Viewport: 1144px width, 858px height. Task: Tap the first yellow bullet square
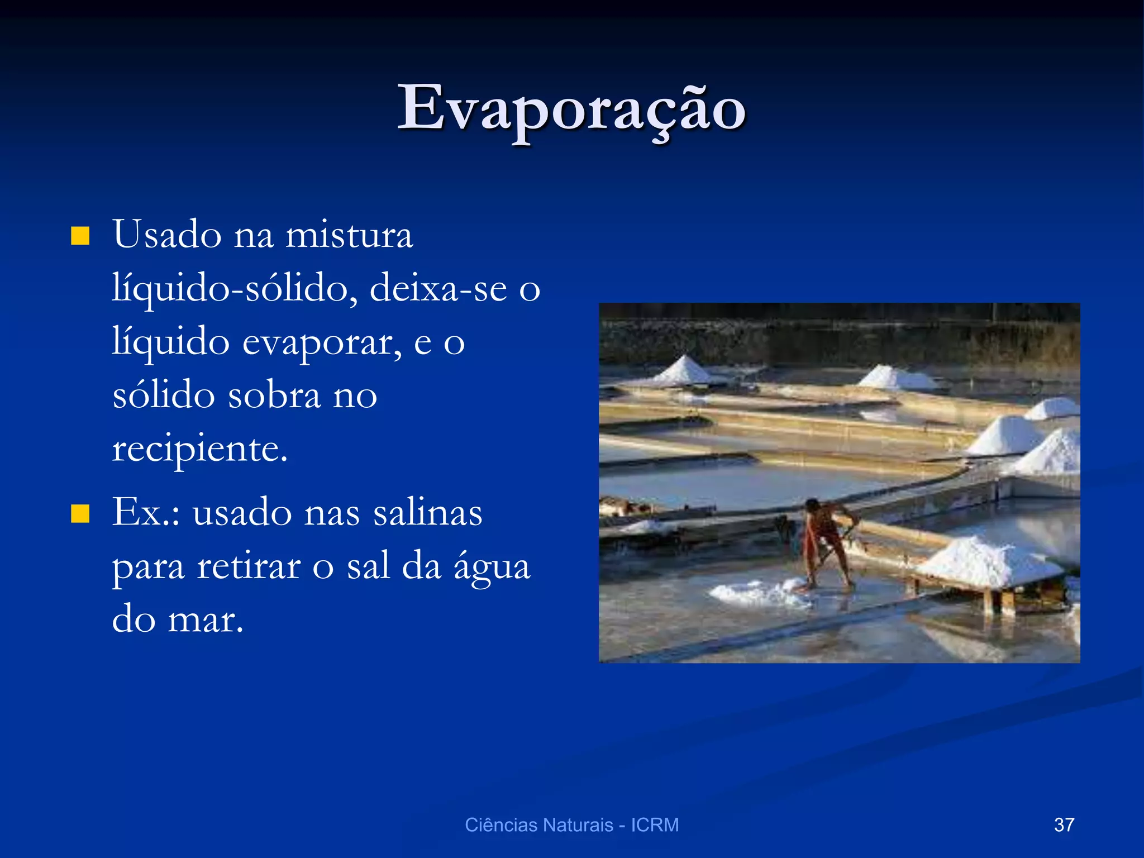pyautogui.click(x=80, y=236)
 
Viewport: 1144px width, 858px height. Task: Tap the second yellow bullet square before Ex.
pyautogui.click(x=80, y=513)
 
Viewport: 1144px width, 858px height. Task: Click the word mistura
pyautogui.click(x=349, y=235)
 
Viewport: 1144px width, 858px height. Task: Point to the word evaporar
pyautogui.click(x=321, y=342)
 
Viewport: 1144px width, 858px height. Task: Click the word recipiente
pyautogui.click(x=199, y=449)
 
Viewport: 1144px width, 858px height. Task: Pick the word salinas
pyautogui.click(x=427, y=512)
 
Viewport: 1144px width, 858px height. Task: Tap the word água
pyautogui.click(x=492, y=566)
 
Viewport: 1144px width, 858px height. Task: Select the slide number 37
pyautogui.click(x=1064, y=825)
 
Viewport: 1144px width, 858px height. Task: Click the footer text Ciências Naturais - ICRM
pyautogui.click(x=571, y=825)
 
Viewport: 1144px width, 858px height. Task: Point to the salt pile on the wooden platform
pyautogui.click(x=989, y=561)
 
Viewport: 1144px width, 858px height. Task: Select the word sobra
pyautogui.click(x=274, y=395)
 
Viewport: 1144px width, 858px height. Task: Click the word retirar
pyautogui.click(x=249, y=566)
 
